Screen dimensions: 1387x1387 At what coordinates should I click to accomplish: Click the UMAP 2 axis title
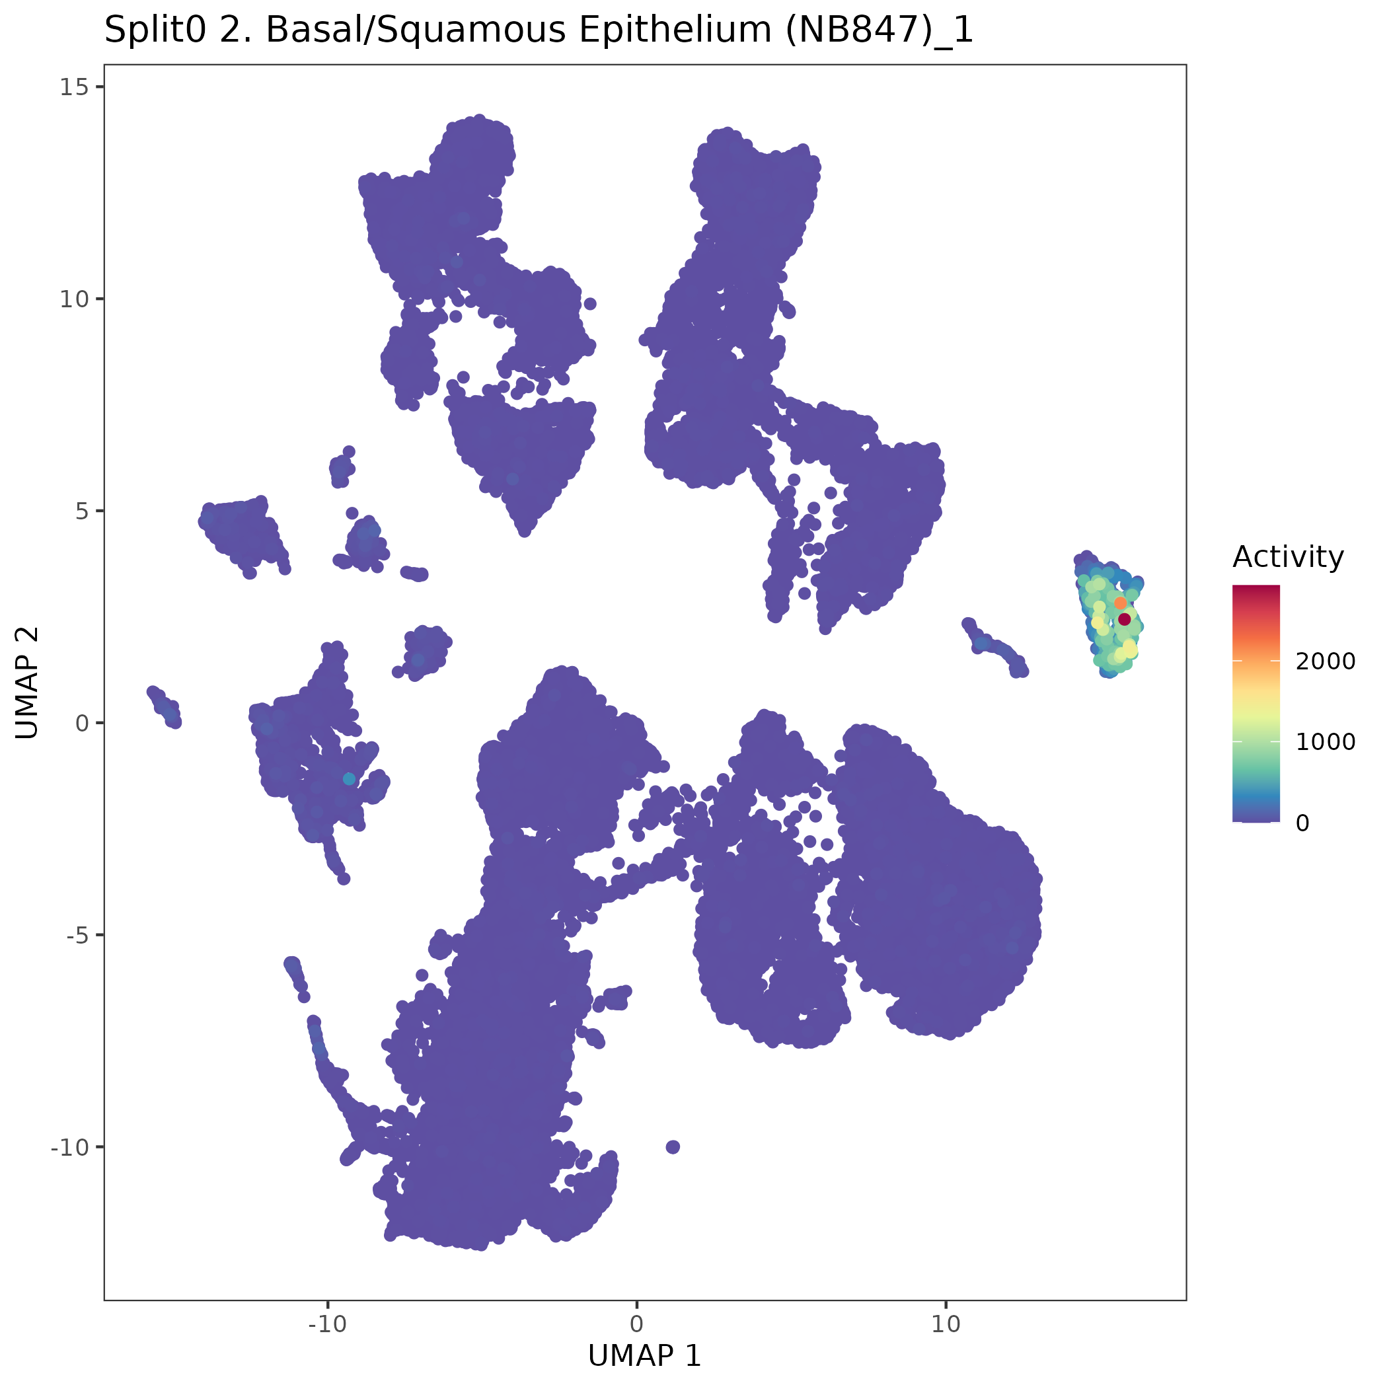[x=27, y=682]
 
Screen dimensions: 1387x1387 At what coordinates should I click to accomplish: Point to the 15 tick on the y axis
[x=74, y=88]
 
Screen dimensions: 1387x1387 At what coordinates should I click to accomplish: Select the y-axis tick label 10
[x=74, y=299]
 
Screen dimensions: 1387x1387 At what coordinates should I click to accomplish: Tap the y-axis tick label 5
[x=81, y=511]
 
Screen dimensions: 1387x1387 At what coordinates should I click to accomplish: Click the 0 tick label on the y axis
[x=81, y=723]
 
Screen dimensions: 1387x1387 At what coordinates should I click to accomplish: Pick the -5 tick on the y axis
[x=76, y=935]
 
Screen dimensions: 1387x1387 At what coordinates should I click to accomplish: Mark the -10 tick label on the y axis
[x=69, y=1146]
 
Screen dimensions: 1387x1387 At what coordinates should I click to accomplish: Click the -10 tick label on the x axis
[x=327, y=1324]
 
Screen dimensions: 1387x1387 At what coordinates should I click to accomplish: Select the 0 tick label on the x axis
[x=637, y=1324]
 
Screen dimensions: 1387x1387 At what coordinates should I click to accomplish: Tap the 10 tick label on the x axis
[x=946, y=1324]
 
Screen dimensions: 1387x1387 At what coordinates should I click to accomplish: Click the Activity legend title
[x=1288, y=557]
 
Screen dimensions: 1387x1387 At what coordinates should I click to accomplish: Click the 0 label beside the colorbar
[x=1302, y=823]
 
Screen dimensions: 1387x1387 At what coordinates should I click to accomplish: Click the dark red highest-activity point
[x=1124, y=619]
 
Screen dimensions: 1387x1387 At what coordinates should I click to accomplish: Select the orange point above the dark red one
[x=1120, y=603]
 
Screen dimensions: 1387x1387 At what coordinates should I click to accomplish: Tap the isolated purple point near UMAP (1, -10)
[x=673, y=1146]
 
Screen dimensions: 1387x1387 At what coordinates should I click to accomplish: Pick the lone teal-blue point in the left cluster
[x=349, y=779]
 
